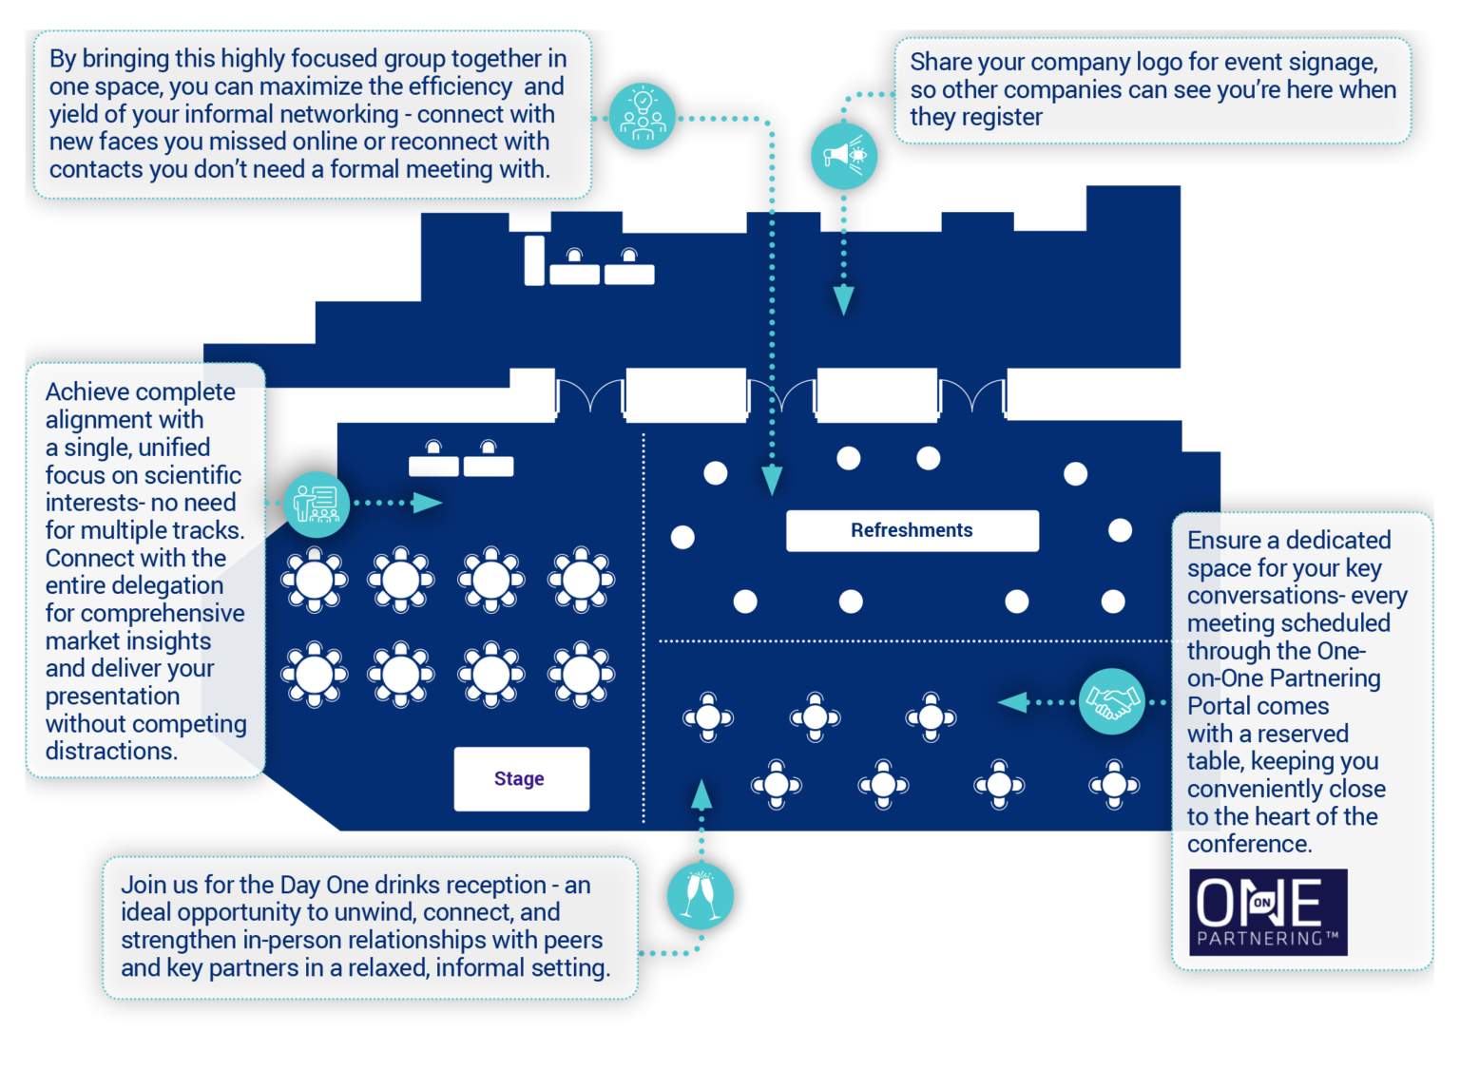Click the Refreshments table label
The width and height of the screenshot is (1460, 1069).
click(912, 530)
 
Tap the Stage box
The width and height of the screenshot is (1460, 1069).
click(521, 779)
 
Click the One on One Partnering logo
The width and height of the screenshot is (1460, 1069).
click(1268, 912)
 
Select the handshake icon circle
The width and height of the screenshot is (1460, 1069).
click(1111, 702)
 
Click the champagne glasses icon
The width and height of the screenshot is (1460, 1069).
click(701, 896)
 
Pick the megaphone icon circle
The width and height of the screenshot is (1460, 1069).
click(843, 155)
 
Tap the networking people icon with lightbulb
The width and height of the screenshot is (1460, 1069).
click(643, 118)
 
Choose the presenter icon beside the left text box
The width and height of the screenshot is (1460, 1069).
click(317, 504)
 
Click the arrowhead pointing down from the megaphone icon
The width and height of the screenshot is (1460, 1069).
click(843, 300)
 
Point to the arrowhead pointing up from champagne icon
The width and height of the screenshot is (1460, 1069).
click(701, 794)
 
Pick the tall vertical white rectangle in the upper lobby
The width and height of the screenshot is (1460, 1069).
click(534, 260)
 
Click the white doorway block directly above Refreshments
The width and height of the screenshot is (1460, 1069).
click(876, 394)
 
